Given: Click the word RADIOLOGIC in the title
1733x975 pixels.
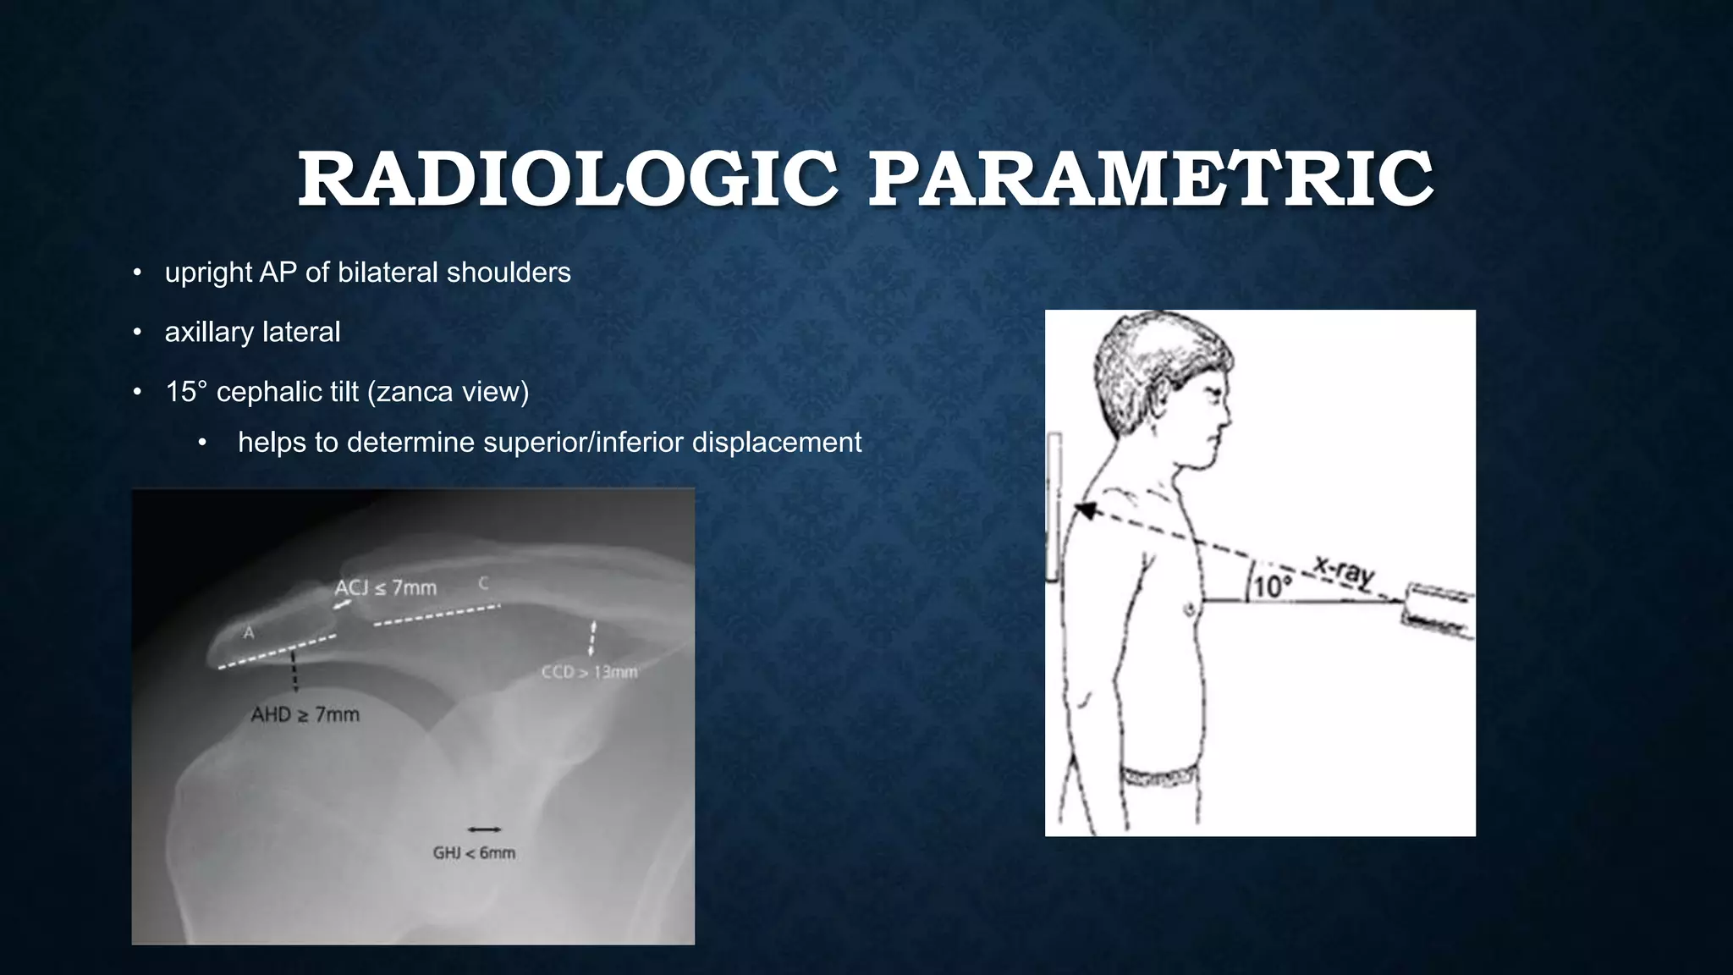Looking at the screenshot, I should (x=568, y=179).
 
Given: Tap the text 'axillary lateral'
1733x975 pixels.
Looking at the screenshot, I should (x=252, y=332).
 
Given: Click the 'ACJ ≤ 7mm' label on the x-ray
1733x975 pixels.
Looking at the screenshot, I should (x=386, y=587).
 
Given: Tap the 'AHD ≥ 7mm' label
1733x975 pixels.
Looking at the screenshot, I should (x=305, y=715).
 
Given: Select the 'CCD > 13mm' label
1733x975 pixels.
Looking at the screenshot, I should (x=589, y=672).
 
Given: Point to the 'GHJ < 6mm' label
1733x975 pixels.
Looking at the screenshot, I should (x=474, y=852).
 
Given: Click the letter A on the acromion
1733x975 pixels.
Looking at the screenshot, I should (x=249, y=632).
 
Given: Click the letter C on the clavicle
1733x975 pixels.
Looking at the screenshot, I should (x=484, y=583).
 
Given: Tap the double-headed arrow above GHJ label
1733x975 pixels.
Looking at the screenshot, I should (x=484, y=829).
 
